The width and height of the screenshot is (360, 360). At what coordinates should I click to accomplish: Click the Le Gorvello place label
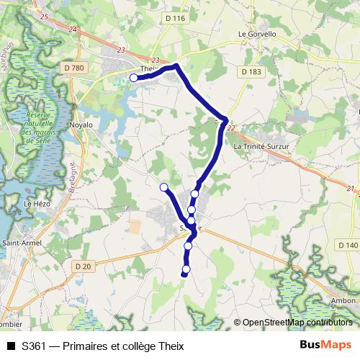click(252, 33)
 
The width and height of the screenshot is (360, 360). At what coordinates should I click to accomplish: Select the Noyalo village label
click(81, 125)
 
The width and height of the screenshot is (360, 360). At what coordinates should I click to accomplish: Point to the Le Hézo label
click(35, 204)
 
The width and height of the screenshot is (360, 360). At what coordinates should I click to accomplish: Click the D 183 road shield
click(251, 72)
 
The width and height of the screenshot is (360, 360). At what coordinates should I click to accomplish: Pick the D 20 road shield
click(83, 266)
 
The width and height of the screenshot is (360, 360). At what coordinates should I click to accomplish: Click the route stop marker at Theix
click(133, 78)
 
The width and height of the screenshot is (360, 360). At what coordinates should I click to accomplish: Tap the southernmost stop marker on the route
click(186, 270)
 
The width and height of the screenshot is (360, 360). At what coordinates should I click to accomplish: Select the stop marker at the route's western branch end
click(163, 187)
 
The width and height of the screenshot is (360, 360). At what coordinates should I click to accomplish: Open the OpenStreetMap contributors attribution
click(297, 323)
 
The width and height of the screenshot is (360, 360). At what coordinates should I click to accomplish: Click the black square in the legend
click(10, 346)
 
